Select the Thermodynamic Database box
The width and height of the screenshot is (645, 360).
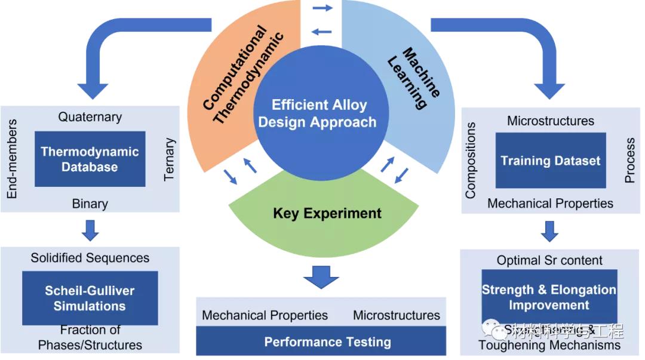(90, 159)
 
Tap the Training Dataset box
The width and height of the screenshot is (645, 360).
(550, 160)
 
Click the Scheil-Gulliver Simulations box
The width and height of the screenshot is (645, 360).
(90, 299)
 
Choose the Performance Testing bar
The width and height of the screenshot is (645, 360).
(327, 342)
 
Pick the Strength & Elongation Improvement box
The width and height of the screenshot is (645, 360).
(549, 297)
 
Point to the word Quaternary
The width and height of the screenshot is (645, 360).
(90, 117)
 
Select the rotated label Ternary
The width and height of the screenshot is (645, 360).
(170, 159)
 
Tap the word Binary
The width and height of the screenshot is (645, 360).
(90, 204)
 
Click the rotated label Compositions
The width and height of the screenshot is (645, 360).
(471, 160)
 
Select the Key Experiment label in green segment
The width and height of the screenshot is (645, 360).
(327, 213)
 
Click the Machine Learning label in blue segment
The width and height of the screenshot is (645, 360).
(414, 78)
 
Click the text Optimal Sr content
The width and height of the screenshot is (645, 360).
(549, 260)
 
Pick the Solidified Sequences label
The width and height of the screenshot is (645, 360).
(90, 258)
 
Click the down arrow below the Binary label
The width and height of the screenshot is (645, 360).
(90, 230)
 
